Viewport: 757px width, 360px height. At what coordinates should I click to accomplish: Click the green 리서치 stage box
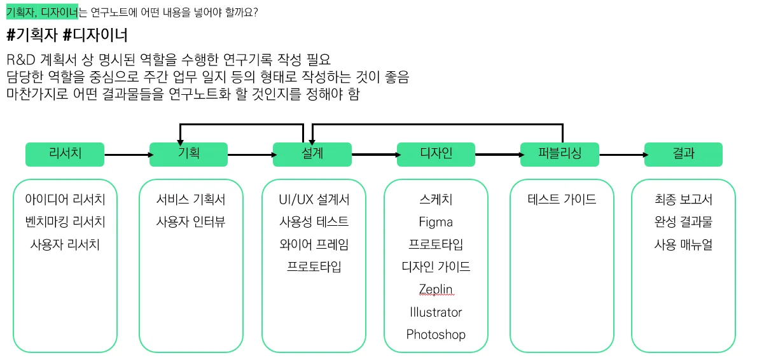click(x=64, y=154)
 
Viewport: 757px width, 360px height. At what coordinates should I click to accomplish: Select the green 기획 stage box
click(x=188, y=154)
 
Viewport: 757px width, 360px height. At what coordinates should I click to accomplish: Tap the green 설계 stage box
click(x=312, y=154)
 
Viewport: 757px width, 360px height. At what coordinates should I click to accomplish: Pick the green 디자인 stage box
click(x=436, y=154)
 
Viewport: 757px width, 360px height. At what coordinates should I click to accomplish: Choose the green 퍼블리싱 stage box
click(x=559, y=154)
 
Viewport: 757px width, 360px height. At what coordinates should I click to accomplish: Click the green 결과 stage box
click(x=683, y=154)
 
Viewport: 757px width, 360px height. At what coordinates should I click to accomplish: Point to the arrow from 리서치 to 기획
click(x=126, y=154)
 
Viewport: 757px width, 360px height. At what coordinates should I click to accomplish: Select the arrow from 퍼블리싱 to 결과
click(x=621, y=154)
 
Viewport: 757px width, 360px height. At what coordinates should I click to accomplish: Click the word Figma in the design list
click(x=436, y=222)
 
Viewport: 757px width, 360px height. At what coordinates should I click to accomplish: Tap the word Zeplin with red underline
click(x=436, y=289)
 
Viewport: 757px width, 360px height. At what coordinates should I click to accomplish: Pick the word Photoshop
click(x=436, y=334)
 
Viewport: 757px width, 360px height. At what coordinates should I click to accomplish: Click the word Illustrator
click(x=436, y=312)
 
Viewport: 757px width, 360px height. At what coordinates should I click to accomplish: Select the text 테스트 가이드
click(x=562, y=200)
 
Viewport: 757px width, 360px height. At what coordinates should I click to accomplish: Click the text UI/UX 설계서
click(x=314, y=200)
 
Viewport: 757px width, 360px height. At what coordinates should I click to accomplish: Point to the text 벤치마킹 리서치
click(x=65, y=222)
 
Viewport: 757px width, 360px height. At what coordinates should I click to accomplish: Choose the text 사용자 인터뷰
click(x=191, y=222)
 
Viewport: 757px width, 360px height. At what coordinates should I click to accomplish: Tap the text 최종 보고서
click(x=683, y=200)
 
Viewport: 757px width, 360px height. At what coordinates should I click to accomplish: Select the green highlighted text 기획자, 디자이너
click(x=41, y=11)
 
